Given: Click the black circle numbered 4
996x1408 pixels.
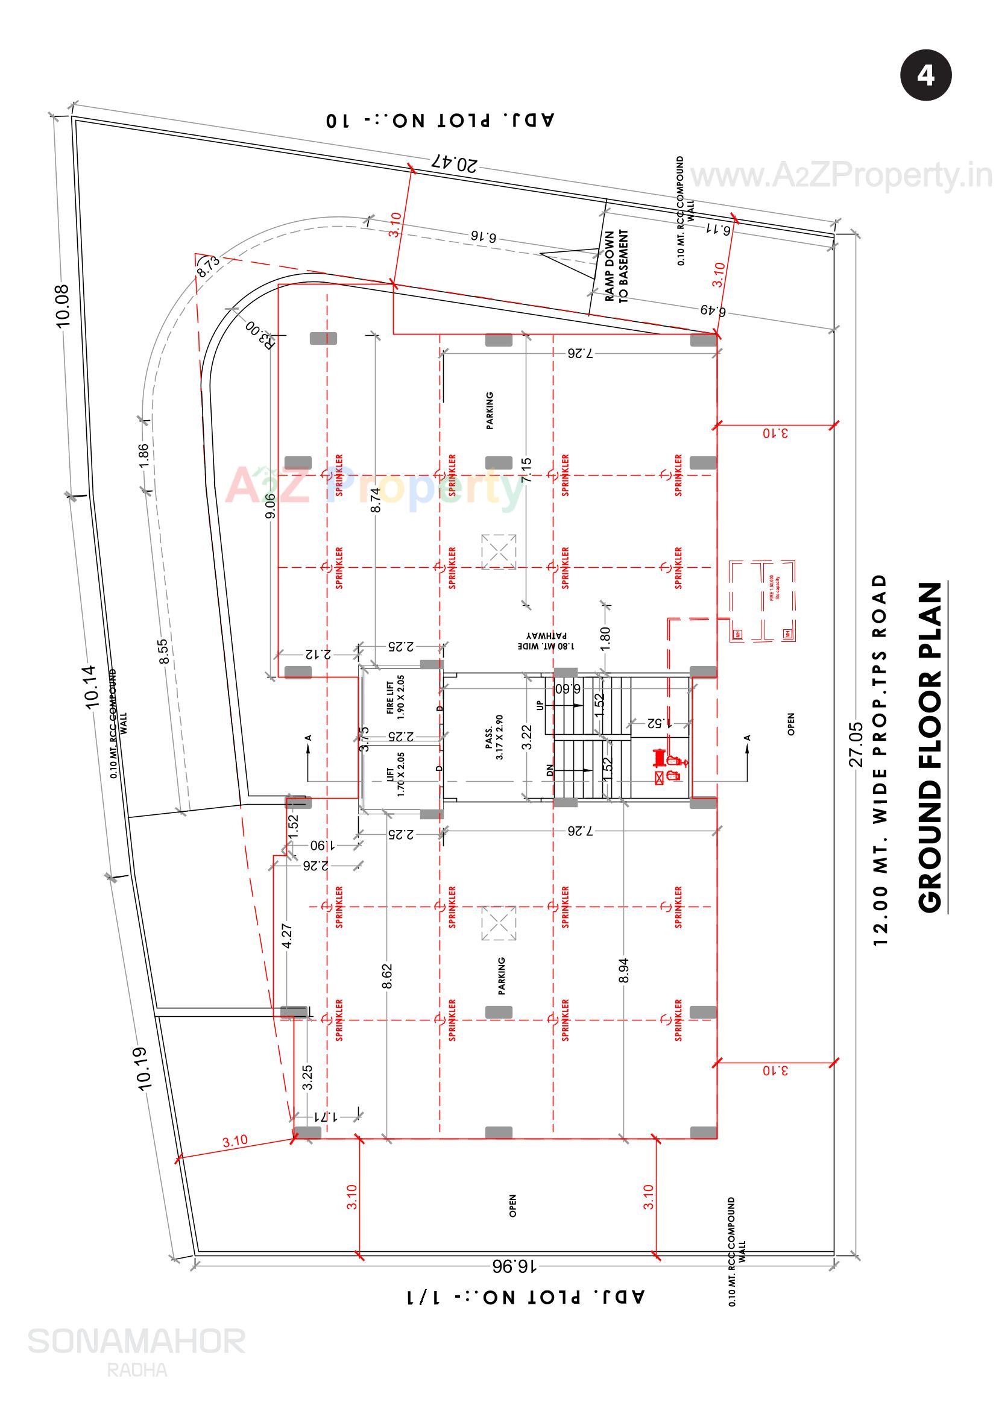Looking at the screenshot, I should click(x=925, y=75).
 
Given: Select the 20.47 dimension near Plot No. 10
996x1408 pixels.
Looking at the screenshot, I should click(x=455, y=163).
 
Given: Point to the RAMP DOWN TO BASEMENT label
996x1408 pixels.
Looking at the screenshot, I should click(x=616, y=266).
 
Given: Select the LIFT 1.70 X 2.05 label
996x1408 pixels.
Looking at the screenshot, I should click(x=396, y=774).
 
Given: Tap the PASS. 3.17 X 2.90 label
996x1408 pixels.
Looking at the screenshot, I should click(x=494, y=737).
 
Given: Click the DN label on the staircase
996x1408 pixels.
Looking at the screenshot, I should click(x=550, y=770).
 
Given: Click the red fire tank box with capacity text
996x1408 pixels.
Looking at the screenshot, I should click(x=761, y=601).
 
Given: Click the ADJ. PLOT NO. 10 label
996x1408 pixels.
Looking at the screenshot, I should click(x=441, y=119).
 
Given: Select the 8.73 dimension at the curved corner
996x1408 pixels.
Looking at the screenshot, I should click(x=208, y=266).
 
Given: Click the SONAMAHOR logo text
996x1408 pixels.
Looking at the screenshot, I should click(x=136, y=1341).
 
